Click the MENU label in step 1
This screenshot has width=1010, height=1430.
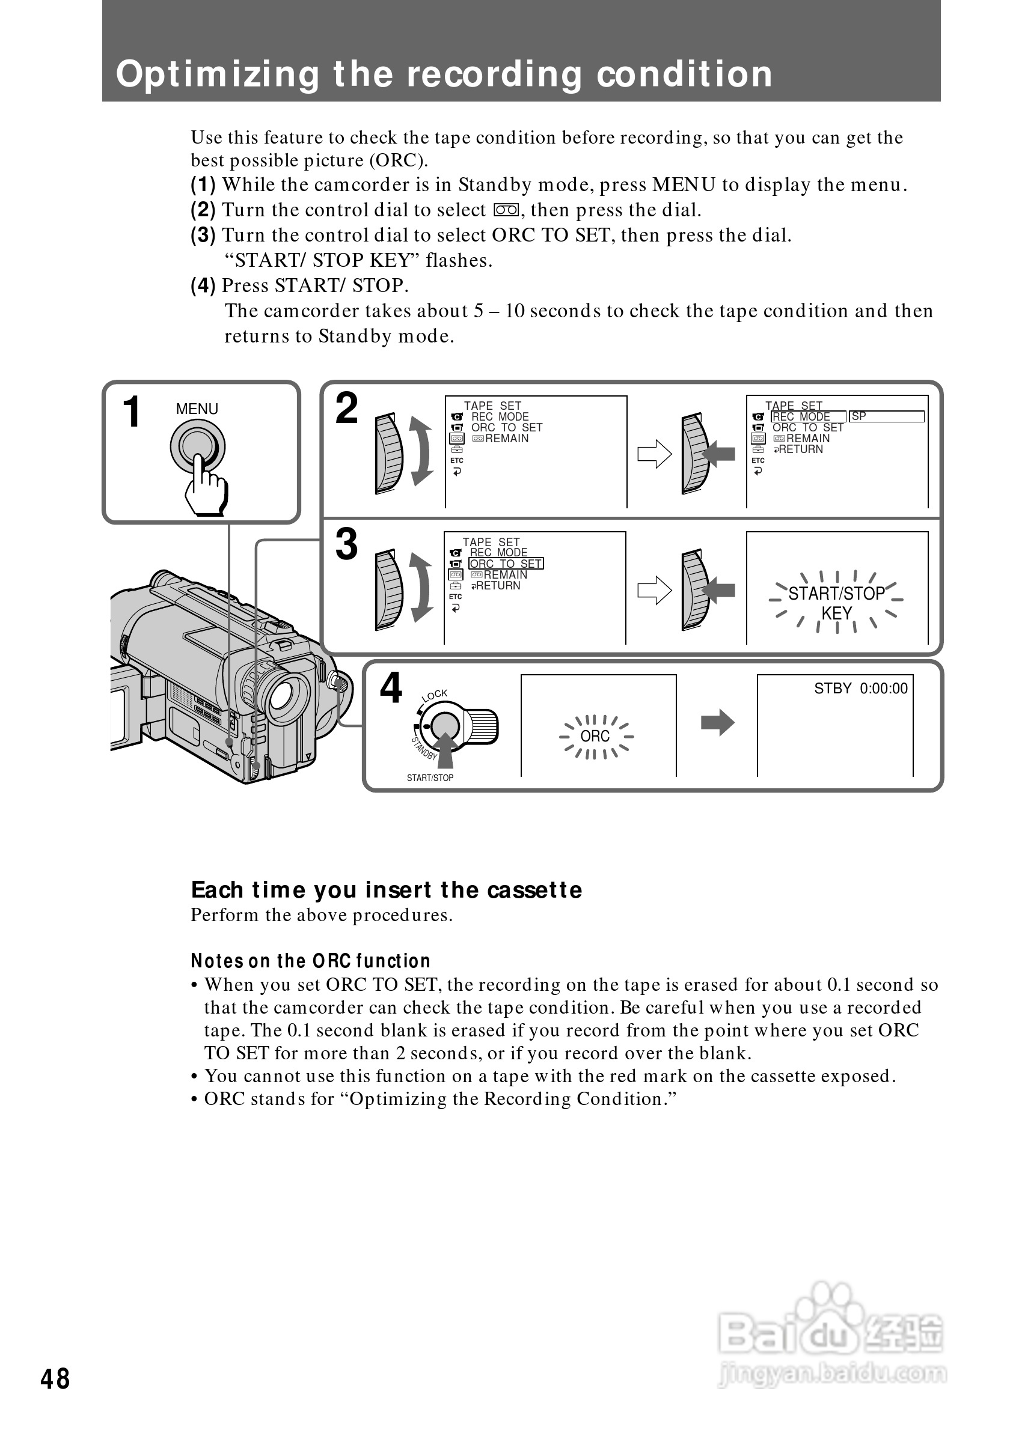pos(197,409)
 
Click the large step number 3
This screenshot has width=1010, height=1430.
pos(346,544)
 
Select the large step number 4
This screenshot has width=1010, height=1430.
pos(391,688)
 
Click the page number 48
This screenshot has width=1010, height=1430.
pos(55,1380)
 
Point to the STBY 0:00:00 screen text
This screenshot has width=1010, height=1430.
pos(860,688)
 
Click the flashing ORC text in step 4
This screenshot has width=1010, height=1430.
pos(595,736)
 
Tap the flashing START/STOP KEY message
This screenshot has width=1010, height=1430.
pos(836,603)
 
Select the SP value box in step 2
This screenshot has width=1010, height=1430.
pos(886,416)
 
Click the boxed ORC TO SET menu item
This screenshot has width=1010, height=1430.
pos(506,564)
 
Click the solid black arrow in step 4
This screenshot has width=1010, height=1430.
pos(718,722)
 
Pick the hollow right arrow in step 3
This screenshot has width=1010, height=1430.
pos(654,591)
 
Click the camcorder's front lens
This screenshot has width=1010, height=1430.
pos(287,695)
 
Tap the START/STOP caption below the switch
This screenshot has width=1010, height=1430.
pos(430,778)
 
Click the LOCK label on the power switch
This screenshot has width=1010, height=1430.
pos(434,695)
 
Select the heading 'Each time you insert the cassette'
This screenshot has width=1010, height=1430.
pos(387,890)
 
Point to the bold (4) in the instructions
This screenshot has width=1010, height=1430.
pos(203,285)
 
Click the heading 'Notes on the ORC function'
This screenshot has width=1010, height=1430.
pos(310,961)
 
